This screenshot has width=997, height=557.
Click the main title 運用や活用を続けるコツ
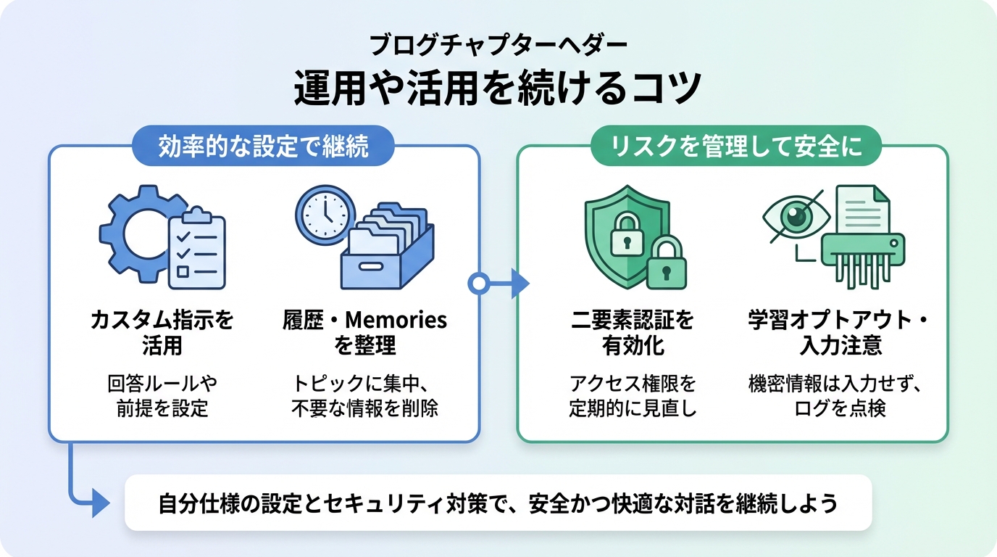[x=498, y=88]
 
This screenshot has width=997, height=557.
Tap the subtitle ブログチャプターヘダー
[x=498, y=45]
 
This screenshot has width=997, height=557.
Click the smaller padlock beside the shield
[x=667, y=265]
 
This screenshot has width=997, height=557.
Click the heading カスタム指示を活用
[x=162, y=332]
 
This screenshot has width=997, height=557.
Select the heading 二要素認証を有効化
[x=633, y=332]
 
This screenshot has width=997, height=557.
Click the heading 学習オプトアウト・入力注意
[x=840, y=332]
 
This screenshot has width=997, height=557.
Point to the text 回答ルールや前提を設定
[x=162, y=396]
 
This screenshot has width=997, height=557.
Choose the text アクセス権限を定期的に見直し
[x=633, y=396]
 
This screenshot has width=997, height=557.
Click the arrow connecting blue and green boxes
[x=500, y=284]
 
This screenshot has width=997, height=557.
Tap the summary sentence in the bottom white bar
[x=498, y=503]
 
